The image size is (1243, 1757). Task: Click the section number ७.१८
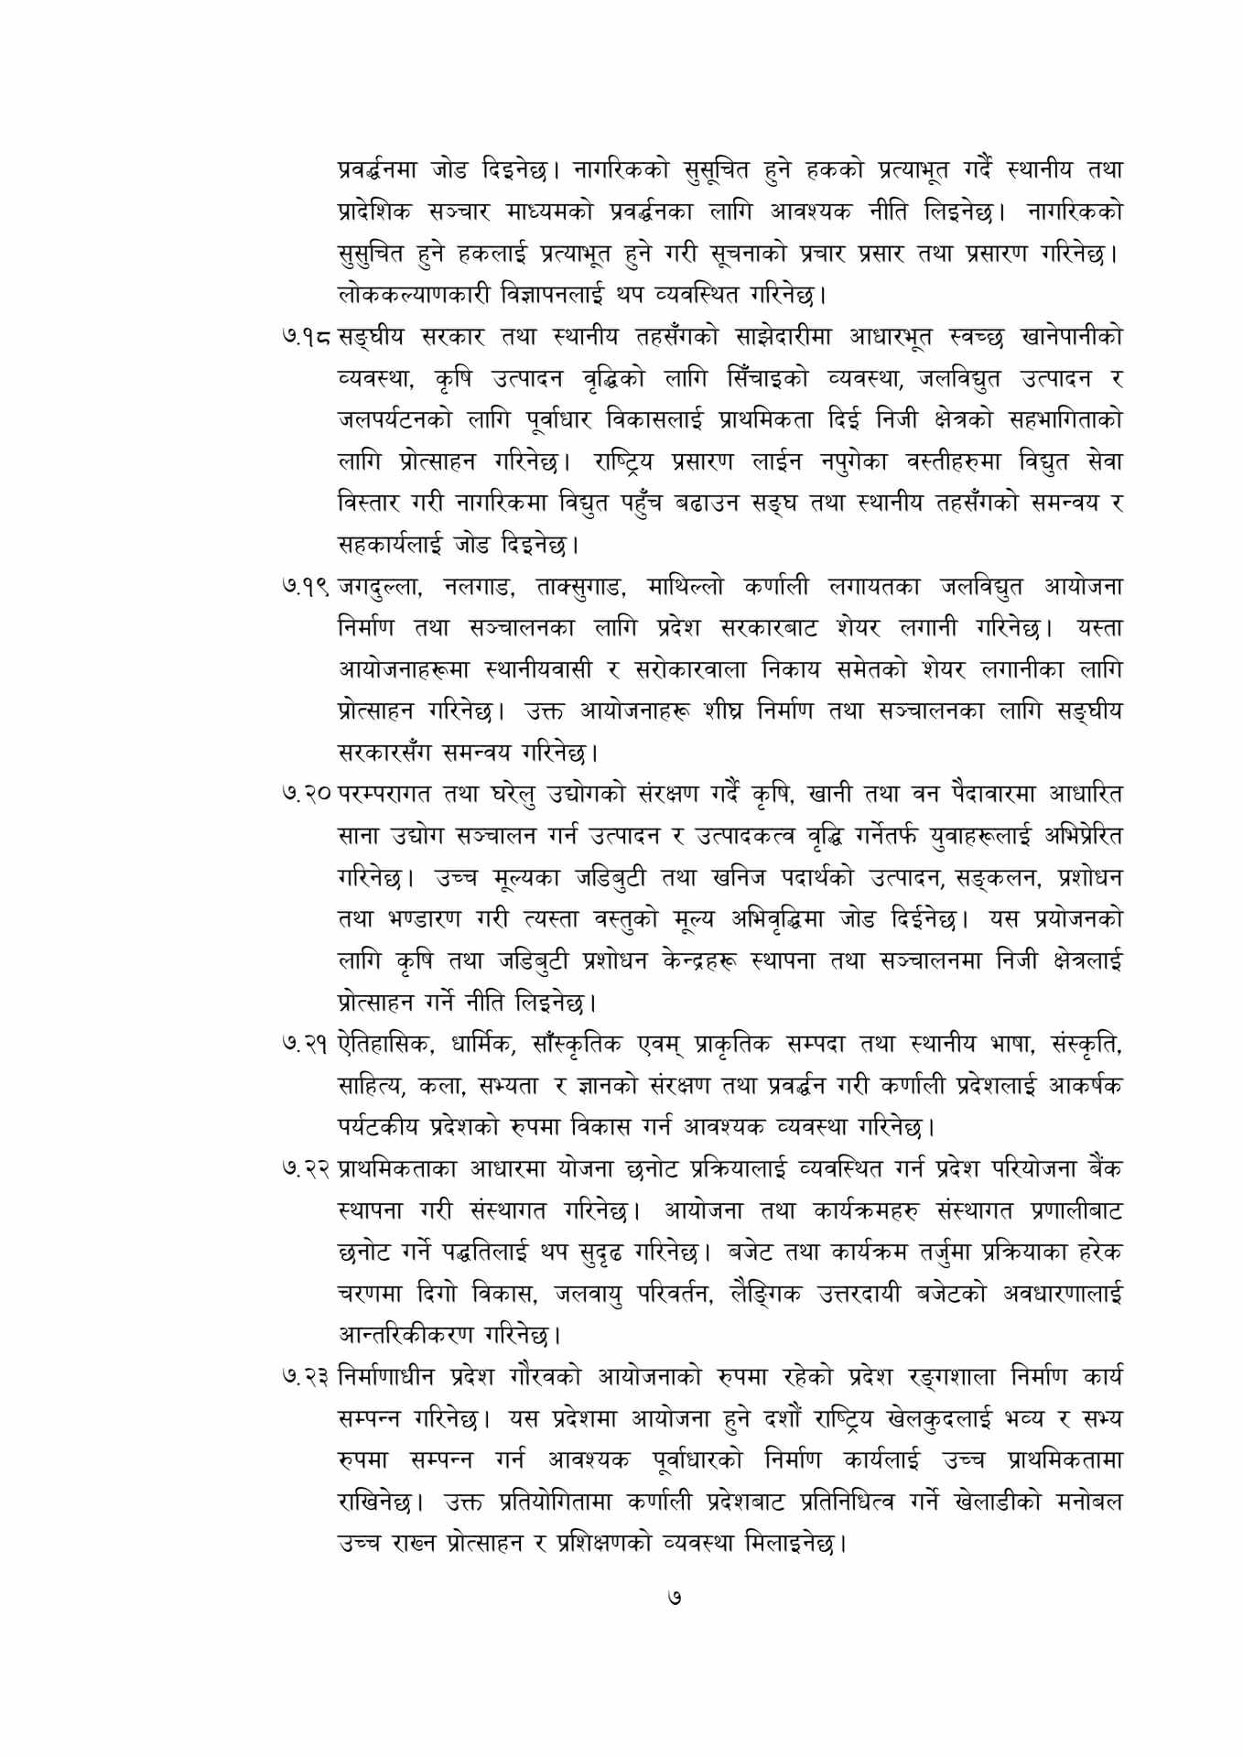[307, 337]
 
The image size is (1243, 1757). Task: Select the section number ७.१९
[307, 587]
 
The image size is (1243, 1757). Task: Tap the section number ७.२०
[307, 794]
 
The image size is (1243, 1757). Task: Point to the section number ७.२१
[307, 1045]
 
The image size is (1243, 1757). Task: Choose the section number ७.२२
[307, 1169]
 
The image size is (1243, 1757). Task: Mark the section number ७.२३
[307, 1377]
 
